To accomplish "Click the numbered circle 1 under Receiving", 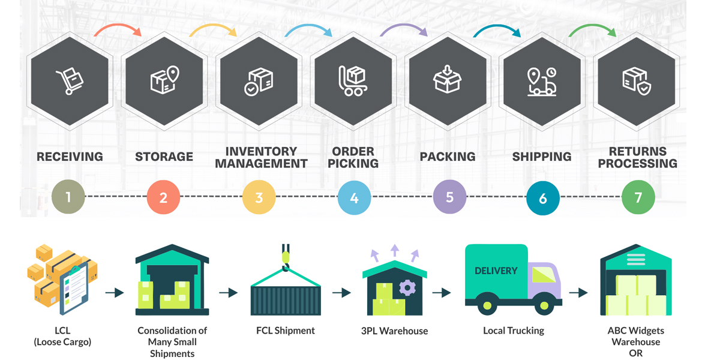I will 68,197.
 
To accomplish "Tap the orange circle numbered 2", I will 163,197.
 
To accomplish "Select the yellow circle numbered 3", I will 259,197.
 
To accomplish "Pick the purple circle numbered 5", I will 449,197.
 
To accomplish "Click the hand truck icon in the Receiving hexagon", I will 70,82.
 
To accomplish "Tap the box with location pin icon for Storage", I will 164,80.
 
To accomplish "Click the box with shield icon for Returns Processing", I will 637,81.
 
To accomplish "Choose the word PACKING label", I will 448,157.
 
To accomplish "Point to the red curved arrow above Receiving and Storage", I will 118,29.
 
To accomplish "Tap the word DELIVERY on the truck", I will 496,271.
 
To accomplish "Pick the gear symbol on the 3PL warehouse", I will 407,288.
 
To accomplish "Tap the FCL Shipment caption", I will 285,331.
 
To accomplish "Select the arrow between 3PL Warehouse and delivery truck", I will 441,293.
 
